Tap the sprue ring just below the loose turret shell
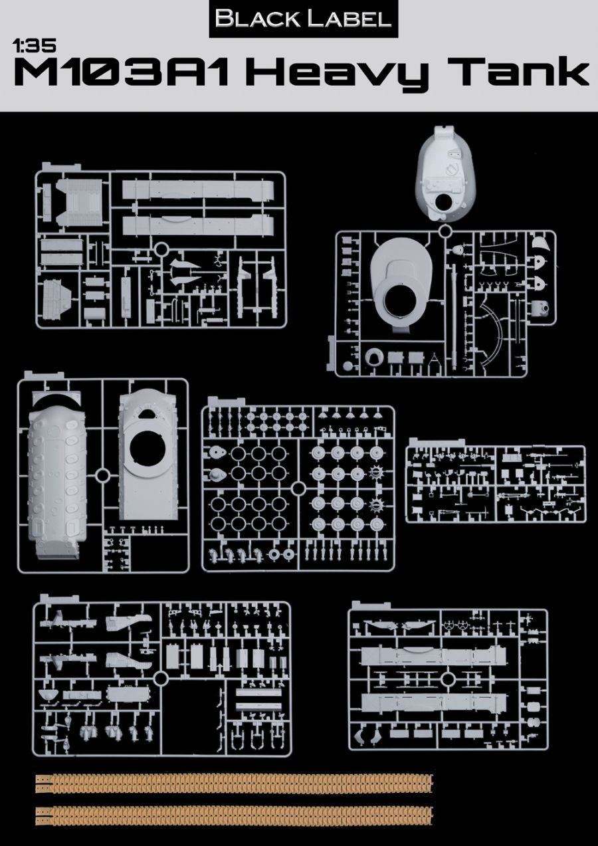tap(447, 231)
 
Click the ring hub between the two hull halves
tap(103, 476)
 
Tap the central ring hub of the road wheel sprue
tap(298, 488)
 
